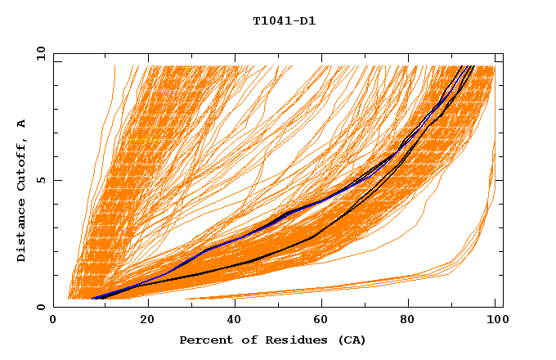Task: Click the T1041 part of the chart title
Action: (x=271, y=21)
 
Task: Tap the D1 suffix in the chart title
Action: (x=307, y=21)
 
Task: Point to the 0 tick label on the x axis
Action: (x=53, y=321)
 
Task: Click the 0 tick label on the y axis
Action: (x=42, y=308)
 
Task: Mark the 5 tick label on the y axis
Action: (x=42, y=181)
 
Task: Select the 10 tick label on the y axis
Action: (x=39, y=54)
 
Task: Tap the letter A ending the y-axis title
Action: (x=22, y=124)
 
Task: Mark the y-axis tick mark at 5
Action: (x=56, y=181)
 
